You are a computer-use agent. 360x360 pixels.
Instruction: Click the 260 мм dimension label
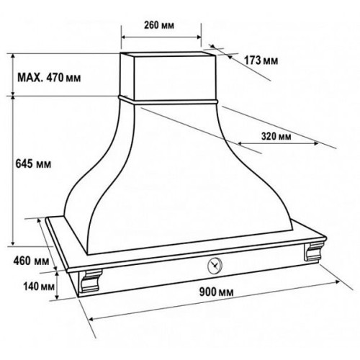pyautogui.click(x=159, y=25)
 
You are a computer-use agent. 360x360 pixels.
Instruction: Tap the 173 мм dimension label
pyautogui.click(x=261, y=60)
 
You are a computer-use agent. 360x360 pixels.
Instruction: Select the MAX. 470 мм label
pyautogui.click(x=49, y=78)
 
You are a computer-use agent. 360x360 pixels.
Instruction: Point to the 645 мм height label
pyautogui.click(x=33, y=164)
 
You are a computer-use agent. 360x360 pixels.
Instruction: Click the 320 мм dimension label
pyautogui.click(x=276, y=136)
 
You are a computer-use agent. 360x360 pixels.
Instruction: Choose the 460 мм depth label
pyautogui.click(x=31, y=261)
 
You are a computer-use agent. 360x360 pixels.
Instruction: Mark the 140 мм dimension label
pyautogui.click(x=39, y=286)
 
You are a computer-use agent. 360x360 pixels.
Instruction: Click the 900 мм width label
pyautogui.click(x=216, y=292)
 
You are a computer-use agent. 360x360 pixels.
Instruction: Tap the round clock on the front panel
pyautogui.click(x=215, y=266)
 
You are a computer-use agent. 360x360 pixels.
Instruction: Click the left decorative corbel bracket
pyautogui.click(x=91, y=281)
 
